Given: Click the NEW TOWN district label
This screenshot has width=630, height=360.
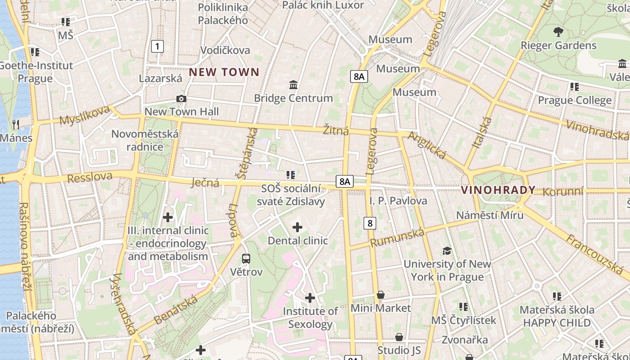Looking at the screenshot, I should click(x=224, y=72).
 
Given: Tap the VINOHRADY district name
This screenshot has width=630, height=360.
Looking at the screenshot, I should click(x=498, y=190).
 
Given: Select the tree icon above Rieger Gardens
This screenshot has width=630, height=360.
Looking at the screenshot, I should click(x=558, y=32).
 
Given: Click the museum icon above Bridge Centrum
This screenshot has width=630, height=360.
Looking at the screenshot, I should click(x=293, y=85).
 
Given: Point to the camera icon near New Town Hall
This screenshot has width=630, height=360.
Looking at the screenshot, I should click(x=181, y=99).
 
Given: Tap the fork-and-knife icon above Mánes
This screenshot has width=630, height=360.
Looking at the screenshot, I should click(x=16, y=124).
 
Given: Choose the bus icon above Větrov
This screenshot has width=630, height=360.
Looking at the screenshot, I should click(x=246, y=259).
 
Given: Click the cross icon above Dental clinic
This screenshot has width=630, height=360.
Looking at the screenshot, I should click(x=297, y=227).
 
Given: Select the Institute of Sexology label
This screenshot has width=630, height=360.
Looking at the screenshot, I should click(x=310, y=317).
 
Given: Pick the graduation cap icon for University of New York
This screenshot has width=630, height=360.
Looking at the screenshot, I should click(x=447, y=251).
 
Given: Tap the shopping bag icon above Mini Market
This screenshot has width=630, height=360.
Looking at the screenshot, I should click(x=381, y=295).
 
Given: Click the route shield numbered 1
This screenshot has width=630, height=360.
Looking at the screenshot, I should click(x=157, y=46).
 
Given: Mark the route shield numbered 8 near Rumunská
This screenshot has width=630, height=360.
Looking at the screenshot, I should click(x=370, y=223).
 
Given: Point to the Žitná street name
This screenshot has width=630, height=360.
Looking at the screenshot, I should click(x=336, y=130).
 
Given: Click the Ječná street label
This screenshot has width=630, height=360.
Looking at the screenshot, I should click(x=205, y=182).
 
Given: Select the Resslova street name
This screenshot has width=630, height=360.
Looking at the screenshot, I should click(x=90, y=177).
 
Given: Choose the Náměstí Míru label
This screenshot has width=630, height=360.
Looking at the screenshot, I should click(x=490, y=215).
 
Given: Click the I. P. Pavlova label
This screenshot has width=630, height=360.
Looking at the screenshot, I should click(x=398, y=201).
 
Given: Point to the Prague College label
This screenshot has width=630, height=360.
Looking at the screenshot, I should click(x=575, y=100).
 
